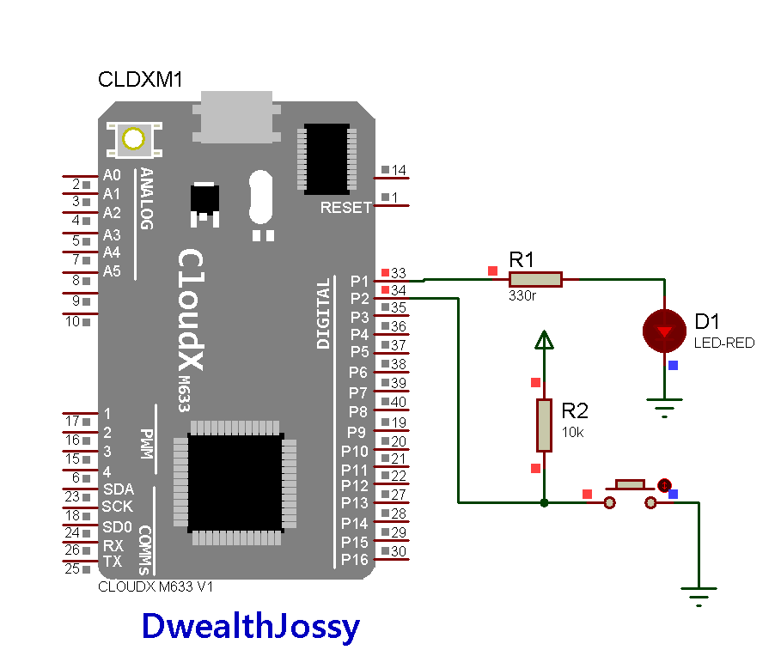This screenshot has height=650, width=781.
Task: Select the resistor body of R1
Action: click(x=535, y=279)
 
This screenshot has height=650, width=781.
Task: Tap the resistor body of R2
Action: click(x=543, y=425)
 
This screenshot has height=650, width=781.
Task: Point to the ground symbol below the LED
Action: click(x=663, y=404)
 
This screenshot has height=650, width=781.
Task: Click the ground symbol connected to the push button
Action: click(x=699, y=594)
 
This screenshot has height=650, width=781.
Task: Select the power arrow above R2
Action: click(x=543, y=341)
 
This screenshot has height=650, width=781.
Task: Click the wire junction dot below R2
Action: click(x=543, y=502)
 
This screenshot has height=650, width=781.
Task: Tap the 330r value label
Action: click(x=523, y=295)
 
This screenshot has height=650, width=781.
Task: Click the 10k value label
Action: click(x=572, y=432)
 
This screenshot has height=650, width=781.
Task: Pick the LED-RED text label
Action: click(x=724, y=343)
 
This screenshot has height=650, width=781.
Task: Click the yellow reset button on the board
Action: click(x=133, y=138)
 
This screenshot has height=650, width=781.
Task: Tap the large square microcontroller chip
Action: click(x=235, y=482)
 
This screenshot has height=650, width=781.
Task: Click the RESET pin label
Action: click(x=345, y=207)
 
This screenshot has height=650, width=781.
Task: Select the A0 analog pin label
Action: click(x=112, y=175)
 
